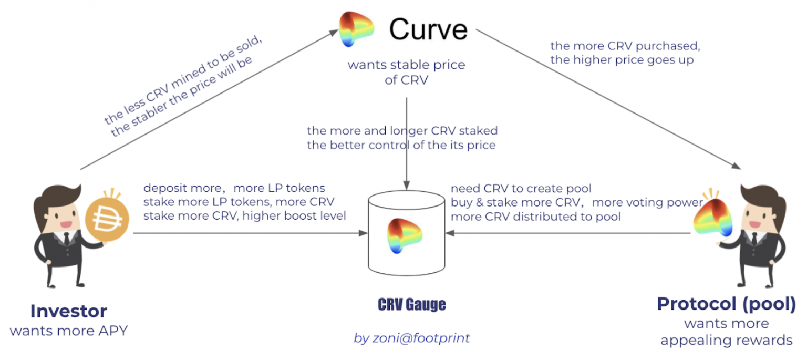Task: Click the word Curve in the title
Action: point(428,29)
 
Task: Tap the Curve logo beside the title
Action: point(356,29)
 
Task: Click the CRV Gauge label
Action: point(411,304)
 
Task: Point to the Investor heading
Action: point(69,311)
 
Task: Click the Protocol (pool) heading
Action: point(726,304)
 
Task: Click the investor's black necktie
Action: point(67,240)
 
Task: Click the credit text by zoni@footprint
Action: point(411,338)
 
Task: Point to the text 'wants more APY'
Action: point(69,331)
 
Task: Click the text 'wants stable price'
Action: point(406,66)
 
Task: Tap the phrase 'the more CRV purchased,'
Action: point(625,46)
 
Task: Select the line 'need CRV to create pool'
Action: point(521,189)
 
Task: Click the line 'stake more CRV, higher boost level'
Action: point(244,215)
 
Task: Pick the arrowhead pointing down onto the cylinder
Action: point(406,186)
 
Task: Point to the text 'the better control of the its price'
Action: point(401,145)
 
